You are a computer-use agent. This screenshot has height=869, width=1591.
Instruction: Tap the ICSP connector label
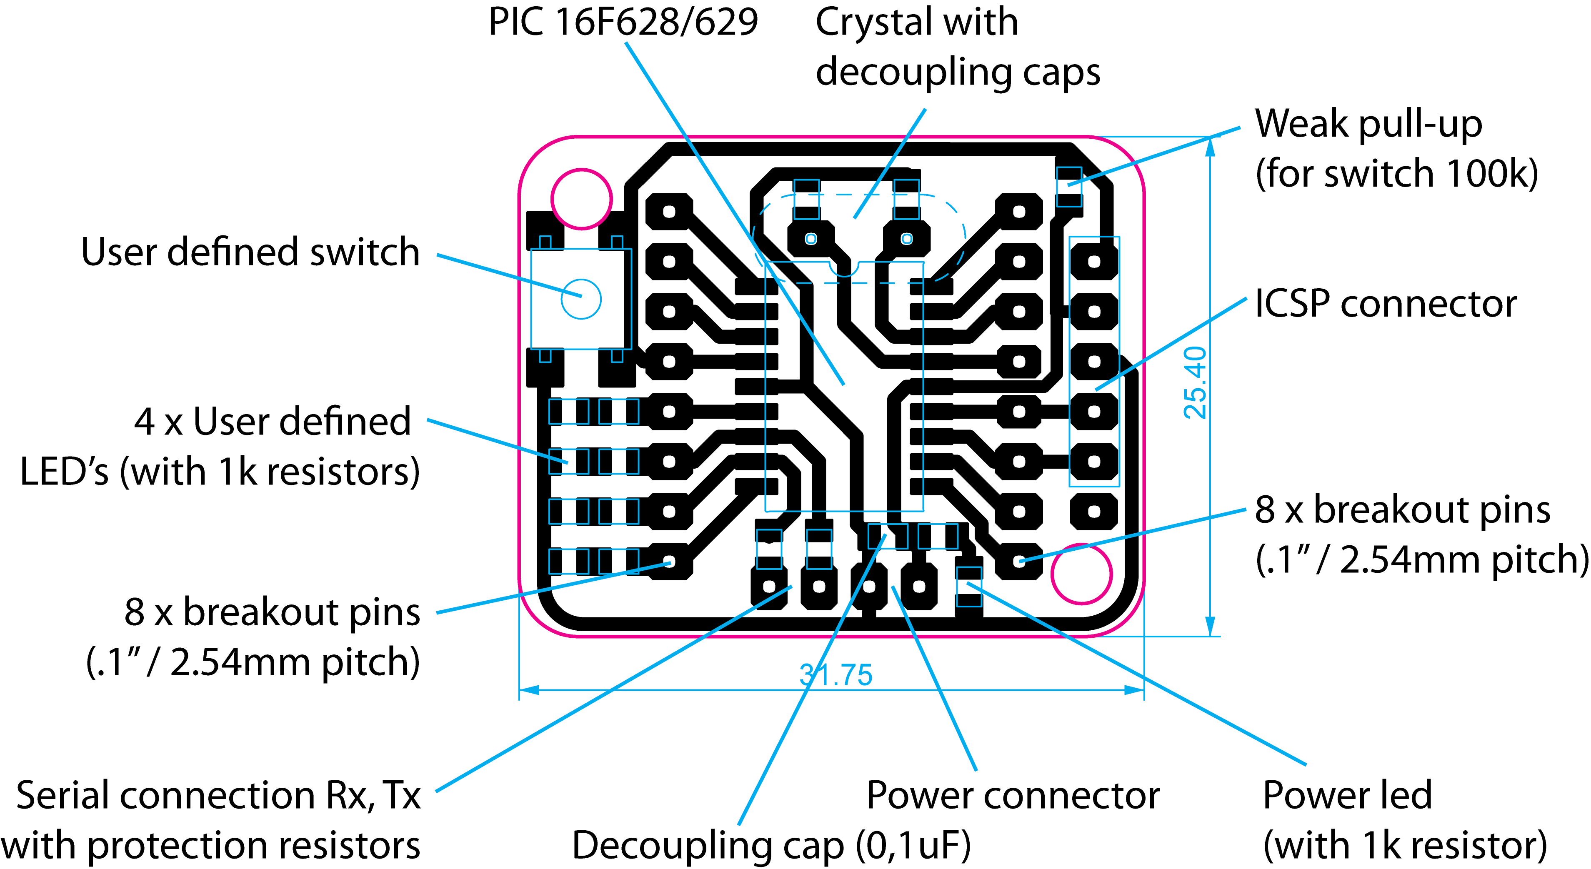tap(1385, 303)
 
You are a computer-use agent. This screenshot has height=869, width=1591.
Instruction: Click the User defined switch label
tap(250, 252)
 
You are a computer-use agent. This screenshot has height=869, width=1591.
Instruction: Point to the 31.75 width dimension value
tap(836, 675)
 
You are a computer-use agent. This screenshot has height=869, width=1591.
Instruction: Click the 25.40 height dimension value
tap(1195, 383)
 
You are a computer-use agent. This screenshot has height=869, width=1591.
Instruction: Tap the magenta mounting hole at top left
tap(581, 199)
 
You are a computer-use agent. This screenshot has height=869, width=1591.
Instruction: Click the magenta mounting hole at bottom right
tap(1081, 574)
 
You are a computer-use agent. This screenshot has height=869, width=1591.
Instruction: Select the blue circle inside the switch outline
tap(581, 299)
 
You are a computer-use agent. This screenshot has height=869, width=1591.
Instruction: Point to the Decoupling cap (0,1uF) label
tap(771, 846)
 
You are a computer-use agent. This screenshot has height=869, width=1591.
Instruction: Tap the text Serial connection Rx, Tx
tap(218, 796)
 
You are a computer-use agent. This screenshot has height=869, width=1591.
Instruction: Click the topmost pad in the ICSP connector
tap(1094, 261)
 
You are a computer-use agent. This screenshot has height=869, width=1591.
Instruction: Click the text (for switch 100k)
tap(1397, 174)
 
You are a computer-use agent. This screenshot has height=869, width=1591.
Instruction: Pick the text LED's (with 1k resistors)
tap(220, 472)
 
